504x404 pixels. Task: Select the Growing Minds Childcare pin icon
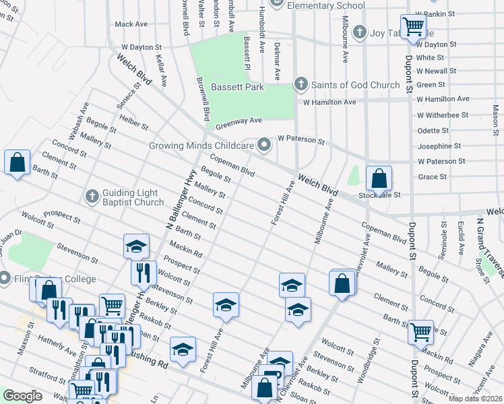265,145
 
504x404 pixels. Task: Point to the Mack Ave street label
131,24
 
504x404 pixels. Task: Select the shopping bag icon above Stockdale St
379,179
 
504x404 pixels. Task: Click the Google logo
23,396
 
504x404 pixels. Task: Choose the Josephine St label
439,146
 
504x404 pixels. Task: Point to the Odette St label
434,131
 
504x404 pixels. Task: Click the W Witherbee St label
442,115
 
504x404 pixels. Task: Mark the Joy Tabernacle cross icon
360,32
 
